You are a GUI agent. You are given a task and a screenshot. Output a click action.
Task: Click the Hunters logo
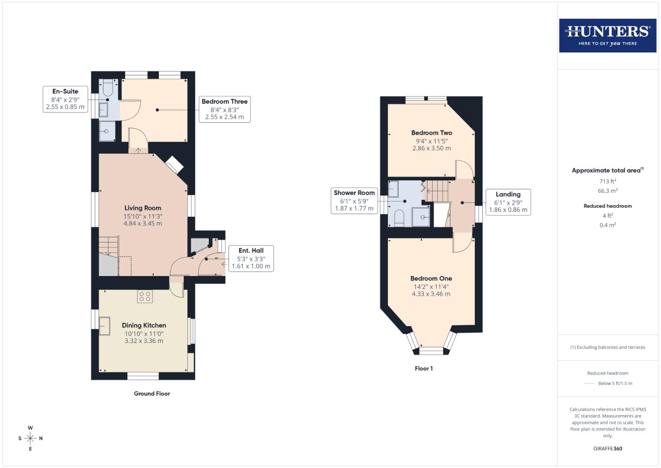click(607, 36)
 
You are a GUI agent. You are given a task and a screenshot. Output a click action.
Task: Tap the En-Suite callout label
click(65, 99)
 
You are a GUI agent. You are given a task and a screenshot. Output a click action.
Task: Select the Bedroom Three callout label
click(224, 109)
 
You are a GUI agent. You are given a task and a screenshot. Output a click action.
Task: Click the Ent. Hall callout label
click(251, 258)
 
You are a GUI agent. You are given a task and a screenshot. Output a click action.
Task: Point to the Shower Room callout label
click(354, 201)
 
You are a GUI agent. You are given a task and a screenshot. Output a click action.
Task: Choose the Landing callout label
click(508, 202)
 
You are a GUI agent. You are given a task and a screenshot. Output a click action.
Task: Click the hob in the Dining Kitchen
click(145, 296)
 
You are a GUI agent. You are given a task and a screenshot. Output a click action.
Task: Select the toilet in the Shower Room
click(399, 218)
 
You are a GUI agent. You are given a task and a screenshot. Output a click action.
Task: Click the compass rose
click(30, 438)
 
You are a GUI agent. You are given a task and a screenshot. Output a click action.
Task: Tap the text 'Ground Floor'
click(152, 393)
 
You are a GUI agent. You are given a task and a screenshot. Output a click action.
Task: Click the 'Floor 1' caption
click(423, 368)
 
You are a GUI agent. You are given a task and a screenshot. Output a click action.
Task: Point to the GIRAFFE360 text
click(607, 448)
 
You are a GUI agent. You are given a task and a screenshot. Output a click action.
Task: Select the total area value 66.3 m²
click(607, 191)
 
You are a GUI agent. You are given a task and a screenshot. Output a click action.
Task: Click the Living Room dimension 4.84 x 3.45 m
click(143, 224)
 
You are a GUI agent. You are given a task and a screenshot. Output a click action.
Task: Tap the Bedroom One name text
click(431, 278)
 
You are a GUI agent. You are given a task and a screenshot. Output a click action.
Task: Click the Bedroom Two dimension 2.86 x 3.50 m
click(432, 148)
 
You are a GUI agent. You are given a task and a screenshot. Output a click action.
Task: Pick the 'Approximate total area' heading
click(607, 170)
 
